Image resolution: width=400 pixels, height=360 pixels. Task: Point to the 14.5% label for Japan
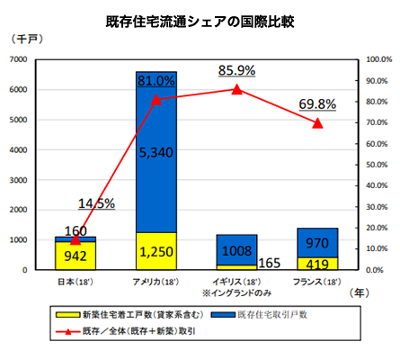(x=96, y=203)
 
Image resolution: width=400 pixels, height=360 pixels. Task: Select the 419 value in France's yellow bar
(x=316, y=265)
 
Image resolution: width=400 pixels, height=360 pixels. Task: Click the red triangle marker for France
(x=316, y=122)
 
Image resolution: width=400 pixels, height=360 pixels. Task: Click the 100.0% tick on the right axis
(x=369, y=59)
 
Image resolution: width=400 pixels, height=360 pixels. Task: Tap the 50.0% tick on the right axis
(x=369, y=165)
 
